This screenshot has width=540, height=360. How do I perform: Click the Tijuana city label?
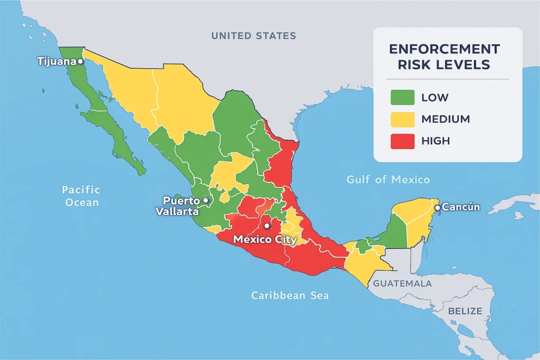(56, 61)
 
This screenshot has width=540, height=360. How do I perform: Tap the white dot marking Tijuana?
(80, 61)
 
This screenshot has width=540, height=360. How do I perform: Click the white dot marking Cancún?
(437, 208)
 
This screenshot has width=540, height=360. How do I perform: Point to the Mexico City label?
(265, 239)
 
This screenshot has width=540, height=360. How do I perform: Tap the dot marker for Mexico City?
(267, 226)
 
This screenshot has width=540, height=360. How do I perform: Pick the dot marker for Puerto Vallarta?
(206, 201)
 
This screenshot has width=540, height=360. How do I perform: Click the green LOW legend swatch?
(401, 98)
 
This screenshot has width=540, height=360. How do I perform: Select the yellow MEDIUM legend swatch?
(401, 119)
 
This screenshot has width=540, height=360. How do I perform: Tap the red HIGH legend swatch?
(401, 141)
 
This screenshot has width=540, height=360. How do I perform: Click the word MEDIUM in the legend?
(446, 119)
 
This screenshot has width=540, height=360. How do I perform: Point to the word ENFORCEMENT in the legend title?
(444, 49)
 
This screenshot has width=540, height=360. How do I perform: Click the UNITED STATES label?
(254, 36)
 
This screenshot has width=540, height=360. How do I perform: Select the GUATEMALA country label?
(402, 284)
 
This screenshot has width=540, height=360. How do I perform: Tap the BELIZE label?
(465, 311)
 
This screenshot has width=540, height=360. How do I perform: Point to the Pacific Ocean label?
(81, 196)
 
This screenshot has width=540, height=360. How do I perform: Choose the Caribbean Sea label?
(290, 295)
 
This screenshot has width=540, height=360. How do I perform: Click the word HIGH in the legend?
(436, 141)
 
